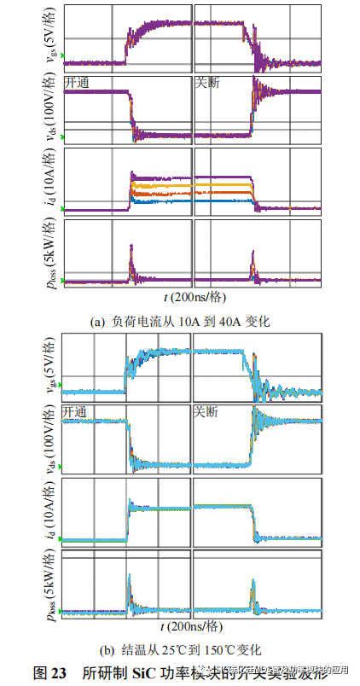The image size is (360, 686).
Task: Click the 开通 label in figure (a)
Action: pyautogui.click(x=78, y=82)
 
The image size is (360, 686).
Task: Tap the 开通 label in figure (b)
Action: pyautogui.click(x=78, y=412)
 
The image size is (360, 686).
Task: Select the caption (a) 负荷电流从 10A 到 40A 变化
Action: pyautogui.click(x=180, y=321)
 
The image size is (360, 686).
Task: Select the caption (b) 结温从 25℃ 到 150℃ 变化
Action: pyautogui.click(x=180, y=650)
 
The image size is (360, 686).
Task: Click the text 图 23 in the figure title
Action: pyautogui.click(x=49, y=673)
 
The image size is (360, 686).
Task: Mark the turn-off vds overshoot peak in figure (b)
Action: pyautogui.click(x=254, y=410)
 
